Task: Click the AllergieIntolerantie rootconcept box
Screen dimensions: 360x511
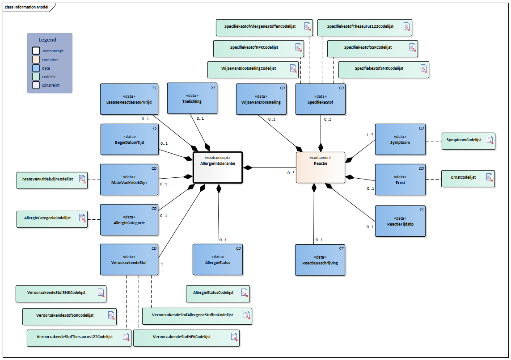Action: pos(217,167)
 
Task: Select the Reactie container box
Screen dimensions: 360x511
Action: pos(320,167)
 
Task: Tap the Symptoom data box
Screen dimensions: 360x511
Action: pos(400,139)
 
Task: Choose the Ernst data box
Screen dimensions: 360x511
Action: pos(400,179)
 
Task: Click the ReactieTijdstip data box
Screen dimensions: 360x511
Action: pos(400,221)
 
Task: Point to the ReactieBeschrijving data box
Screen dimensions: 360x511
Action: pos(320,260)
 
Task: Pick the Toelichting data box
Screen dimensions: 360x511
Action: pos(192,98)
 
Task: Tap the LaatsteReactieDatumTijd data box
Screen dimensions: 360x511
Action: pos(129,99)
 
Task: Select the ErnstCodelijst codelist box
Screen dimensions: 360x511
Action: pos(468,178)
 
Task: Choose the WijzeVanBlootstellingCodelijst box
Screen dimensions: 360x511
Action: pos(253,69)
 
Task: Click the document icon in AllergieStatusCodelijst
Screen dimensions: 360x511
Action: pos(245,293)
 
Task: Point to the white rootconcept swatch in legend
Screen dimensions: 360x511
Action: pos(35,51)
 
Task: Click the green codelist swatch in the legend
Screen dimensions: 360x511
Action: pos(35,76)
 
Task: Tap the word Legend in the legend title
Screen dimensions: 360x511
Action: pos(47,40)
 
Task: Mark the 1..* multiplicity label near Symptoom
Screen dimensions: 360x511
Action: pos(369,134)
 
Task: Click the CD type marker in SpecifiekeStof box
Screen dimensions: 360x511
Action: pos(341,88)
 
